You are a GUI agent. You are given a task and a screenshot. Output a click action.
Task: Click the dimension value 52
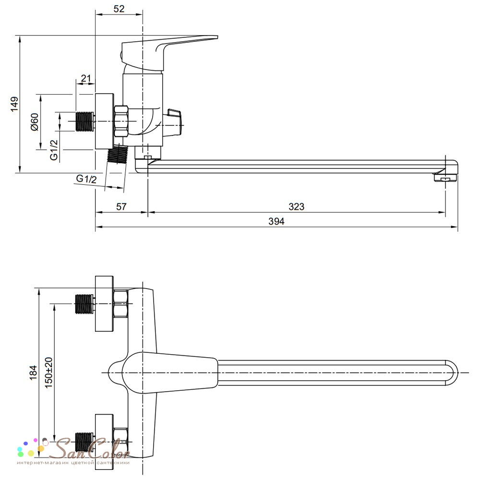click(x=119, y=9)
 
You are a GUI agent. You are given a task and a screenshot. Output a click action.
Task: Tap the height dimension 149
click(x=14, y=104)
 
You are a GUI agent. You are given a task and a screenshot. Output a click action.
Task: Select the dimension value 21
click(x=86, y=78)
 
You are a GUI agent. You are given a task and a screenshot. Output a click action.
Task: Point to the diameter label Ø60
click(x=35, y=122)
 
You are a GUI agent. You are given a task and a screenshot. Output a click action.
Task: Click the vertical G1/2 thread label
click(x=54, y=150)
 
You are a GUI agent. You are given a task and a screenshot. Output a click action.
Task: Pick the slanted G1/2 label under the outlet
click(x=86, y=179)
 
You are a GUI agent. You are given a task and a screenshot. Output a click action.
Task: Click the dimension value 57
click(x=121, y=206)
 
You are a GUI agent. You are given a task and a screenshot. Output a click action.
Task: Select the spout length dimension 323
click(x=296, y=206)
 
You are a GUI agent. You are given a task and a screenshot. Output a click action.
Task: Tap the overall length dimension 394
click(x=276, y=221)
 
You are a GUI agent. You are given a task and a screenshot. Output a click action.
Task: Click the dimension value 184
click(x=33, y=372)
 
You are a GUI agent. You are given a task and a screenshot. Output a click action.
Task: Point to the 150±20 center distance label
click(x=48, y=372)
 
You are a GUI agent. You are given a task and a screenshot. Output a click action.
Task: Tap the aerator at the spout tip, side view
click(x=445, y=178)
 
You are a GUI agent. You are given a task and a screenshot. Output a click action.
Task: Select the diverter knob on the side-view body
click(x=174, y=121)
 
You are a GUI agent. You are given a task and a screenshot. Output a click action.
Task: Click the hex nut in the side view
click(x=121, y=121)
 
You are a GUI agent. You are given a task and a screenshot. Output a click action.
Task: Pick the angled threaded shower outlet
click(x=117, y=155)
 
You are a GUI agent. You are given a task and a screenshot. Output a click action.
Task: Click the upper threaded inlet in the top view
click(x=84, y=304)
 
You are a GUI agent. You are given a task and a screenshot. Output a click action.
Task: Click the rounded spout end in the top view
click(x=452, y=373)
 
